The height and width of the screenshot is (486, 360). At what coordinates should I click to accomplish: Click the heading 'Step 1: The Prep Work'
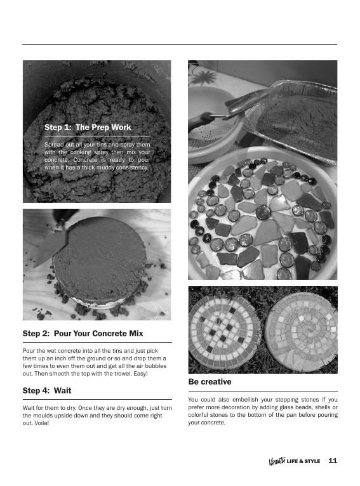pos(88,128)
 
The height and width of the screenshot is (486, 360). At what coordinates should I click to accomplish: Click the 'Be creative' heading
pos(210,382)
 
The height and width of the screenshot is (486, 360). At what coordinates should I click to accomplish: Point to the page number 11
pos(333,461)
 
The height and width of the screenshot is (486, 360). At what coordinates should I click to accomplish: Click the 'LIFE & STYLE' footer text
pos(303,461)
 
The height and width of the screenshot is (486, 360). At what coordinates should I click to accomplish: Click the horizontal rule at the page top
pos(179,45)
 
